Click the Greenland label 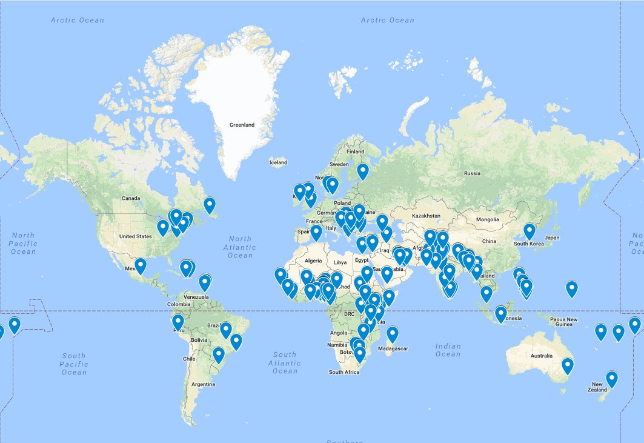[242, 125]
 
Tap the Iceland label [279, 162]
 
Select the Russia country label [472, 173]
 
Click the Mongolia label [487, 219]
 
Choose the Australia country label [542, 356]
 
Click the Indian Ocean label [448, 350]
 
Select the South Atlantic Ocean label [285, 362]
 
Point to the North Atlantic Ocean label [241, 247]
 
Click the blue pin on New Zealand [612, 379]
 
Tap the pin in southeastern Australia [567, 365]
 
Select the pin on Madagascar [393, 333]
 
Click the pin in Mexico [141, 265]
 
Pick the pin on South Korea [529, 231]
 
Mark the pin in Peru [178, 321]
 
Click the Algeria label [313, 261]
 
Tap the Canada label [131, 198]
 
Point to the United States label [136, 236]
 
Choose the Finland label [356, 152]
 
